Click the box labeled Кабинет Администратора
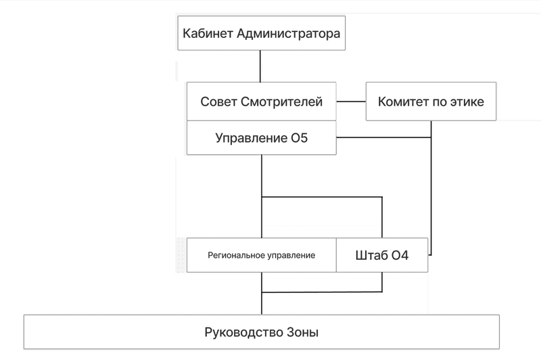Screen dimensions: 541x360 coord(261,33)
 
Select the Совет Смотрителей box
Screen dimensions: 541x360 coord(261,102)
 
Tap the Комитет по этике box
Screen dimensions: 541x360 coord(431,102)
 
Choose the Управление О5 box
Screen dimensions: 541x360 coord(261,138)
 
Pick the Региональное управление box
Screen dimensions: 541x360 coord(261,255)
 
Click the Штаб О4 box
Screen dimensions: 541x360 coord(382,255)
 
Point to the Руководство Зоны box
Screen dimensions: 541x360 coord(261,332)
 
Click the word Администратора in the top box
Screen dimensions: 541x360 coord(289,33)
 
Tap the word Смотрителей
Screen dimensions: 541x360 coord(281,102)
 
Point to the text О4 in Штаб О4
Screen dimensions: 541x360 coord(400,255)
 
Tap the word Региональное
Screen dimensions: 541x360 coord(233,255)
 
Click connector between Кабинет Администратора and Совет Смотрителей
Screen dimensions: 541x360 coord(260,66)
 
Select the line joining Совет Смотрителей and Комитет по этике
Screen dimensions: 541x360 coord(351,102)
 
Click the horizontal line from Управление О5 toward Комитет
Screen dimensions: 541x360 coord(383,137)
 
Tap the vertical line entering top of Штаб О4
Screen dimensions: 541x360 coord(382,217)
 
